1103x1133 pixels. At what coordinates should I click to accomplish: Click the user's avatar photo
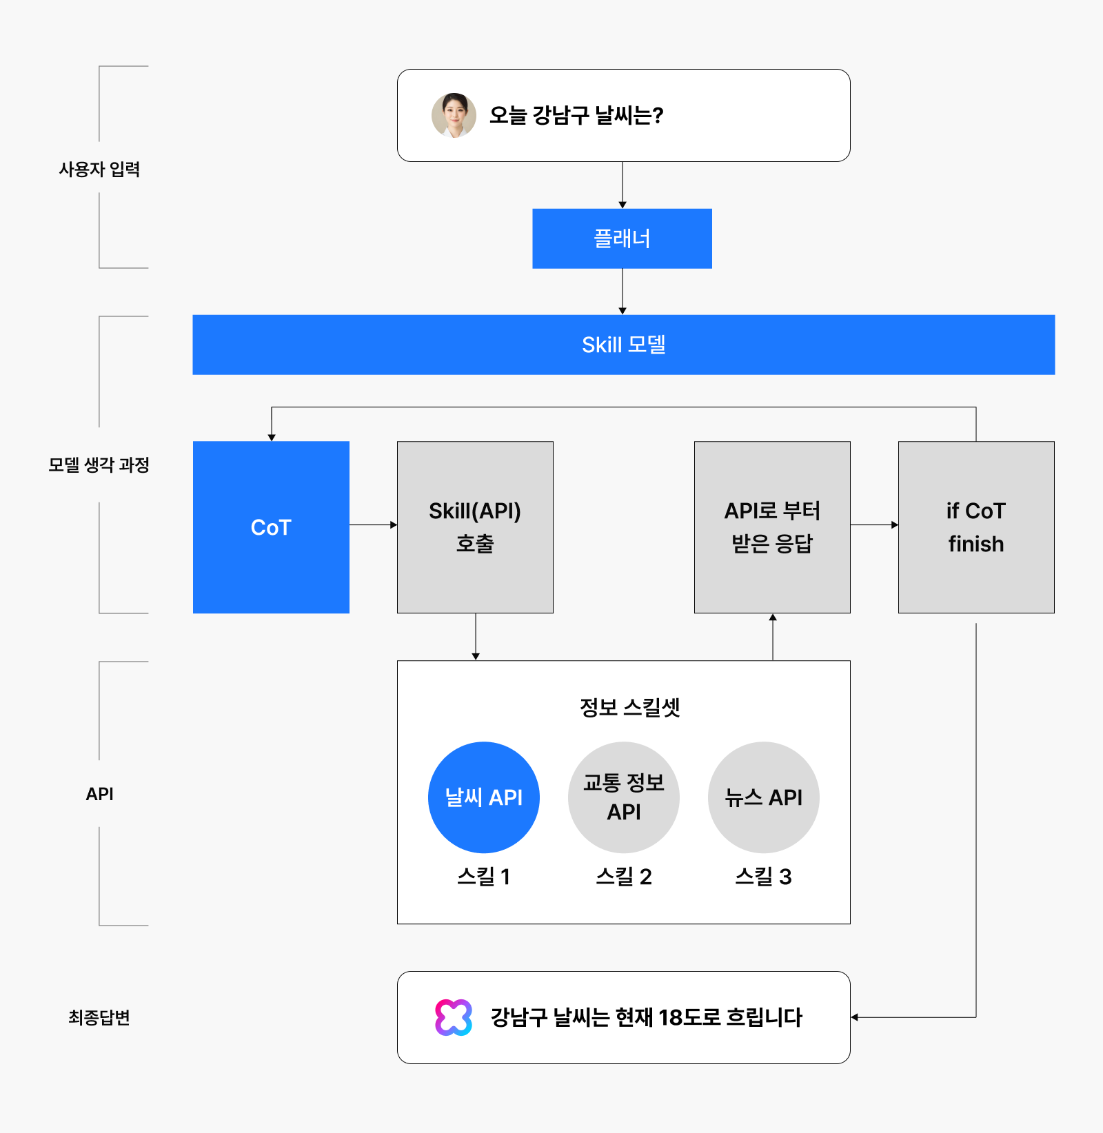(x=454, y=115)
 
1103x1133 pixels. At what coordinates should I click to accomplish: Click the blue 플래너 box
(x=622, y=238)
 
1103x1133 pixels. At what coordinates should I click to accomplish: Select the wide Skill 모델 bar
(x=623, y=345)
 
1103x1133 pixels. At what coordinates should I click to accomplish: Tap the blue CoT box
(x=271, y=527)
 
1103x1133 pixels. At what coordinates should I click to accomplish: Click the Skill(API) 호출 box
(x=475, y=527)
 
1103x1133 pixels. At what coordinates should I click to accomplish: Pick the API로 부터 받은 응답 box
(x=772, y=527)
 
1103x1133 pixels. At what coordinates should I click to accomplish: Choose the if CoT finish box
(x=976, y=527)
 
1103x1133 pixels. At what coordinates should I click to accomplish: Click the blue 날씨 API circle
(x=484, y=797)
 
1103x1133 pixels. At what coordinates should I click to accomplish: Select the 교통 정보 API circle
(x=624, y=797)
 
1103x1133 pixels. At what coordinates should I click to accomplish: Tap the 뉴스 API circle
(x=764, y=797)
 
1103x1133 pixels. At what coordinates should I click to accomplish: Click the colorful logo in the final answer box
(x=454, y=1017)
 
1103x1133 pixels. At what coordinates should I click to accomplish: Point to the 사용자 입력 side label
(x=99, y=170)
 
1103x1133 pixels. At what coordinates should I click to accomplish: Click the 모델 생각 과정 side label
(x=99, y=465)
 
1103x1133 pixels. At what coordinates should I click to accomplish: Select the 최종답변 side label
(x=99, y=1018)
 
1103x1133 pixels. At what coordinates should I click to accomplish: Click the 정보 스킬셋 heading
(x=630, y=707)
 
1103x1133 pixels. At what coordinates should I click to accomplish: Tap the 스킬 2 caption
(x=624, y=877)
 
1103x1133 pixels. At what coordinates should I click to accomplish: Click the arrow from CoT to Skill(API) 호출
(x=374, y=525)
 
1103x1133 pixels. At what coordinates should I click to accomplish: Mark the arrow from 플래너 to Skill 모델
(x=623, y=292)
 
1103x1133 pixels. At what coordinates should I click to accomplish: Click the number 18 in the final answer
(x=671, y=1017)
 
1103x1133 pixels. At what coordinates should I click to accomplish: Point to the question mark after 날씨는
(x=658, y=115)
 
